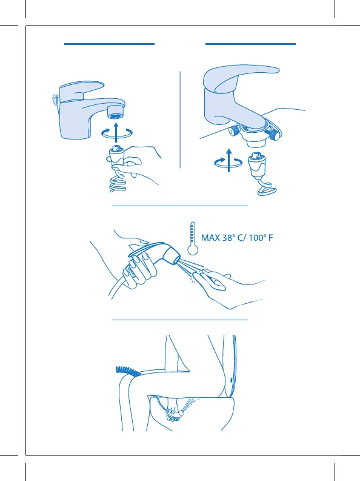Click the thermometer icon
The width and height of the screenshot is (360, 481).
(x=192, y=238)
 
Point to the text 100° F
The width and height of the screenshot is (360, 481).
(x=261, y=238)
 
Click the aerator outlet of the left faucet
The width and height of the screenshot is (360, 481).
(x=116, y=112)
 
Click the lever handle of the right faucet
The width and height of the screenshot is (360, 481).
(x=242, y=77)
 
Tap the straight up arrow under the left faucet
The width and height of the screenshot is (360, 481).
(x=116, y=132)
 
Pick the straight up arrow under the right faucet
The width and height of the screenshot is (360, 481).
(x=229, y=160)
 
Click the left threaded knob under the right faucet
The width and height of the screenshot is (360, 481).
(x=235, y=131)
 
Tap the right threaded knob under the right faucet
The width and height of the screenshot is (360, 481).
(x=275, y=135)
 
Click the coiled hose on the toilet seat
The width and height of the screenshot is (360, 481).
(x=128, y=371)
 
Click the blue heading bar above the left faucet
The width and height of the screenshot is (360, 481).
(x=109, y=44)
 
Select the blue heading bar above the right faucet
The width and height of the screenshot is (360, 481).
(x=251, y=44)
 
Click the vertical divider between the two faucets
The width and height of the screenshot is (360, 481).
(x=180, y=119)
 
